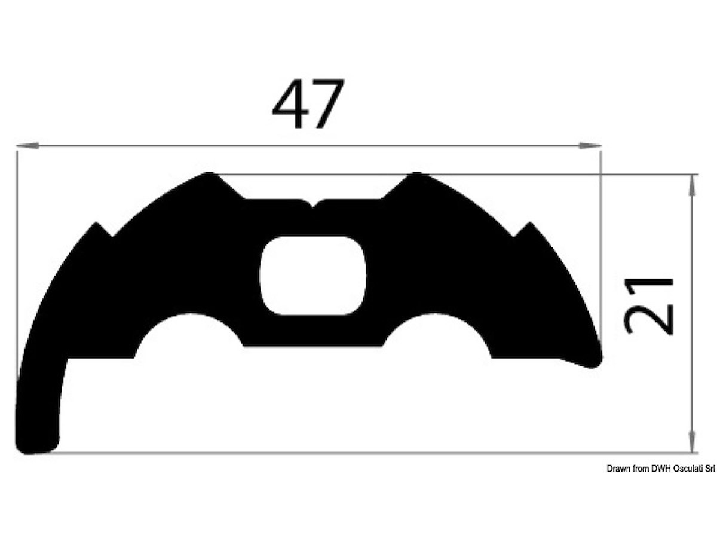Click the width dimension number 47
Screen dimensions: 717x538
click(x=308, y=103)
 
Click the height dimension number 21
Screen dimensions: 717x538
click(x=649, y=306)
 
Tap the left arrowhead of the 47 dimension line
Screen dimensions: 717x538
click(x=27, y=146)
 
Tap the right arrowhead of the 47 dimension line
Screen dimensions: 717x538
click(x=590, y=146)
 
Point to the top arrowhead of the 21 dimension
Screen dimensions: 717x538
click(x=691, y=186)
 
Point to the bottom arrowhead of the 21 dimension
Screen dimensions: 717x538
click(x=691, y=441)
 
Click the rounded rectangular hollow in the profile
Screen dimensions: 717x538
click(x=312, y=276)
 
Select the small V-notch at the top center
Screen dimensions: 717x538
click(x=312, y=204)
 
